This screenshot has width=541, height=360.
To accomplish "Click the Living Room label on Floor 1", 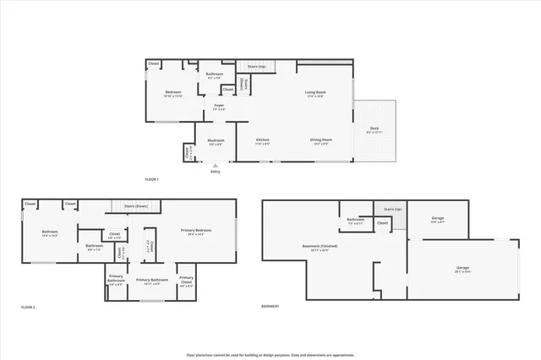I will click(315, 92).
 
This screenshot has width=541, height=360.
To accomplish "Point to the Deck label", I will click(374, 129).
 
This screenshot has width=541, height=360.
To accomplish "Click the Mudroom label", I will click(216, 142).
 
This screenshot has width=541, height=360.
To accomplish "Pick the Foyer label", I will click(218, 106).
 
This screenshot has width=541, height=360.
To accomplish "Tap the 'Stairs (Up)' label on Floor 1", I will click(256, 65).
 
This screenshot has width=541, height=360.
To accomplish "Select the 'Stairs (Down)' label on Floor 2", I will click(136, 205).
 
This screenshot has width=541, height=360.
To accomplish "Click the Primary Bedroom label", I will click(196, 231).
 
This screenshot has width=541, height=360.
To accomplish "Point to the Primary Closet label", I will click(187, 280).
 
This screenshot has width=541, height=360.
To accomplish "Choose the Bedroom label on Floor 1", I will click(173, 92).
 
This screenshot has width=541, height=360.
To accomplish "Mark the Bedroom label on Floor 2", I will click(49, 232).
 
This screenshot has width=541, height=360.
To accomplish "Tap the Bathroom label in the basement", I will click(355, 221).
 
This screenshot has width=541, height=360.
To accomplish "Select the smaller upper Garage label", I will click(437, 219).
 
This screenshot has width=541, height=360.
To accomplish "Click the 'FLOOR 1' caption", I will click(152, 179).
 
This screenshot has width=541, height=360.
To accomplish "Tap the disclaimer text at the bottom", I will click(270, 354).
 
